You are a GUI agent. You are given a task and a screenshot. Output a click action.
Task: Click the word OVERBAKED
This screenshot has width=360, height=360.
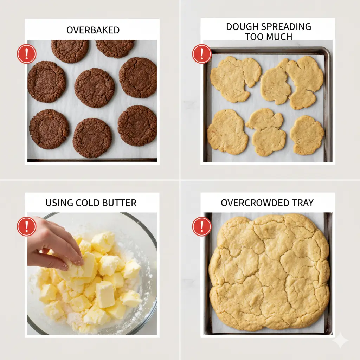click(93, 30)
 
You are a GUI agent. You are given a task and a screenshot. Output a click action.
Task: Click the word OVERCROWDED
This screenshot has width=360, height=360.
click(253, 203)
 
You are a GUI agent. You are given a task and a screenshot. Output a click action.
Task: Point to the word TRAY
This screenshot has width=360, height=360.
click(301, 203)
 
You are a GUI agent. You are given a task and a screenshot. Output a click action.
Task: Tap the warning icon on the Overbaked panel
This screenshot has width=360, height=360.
click(26, 54)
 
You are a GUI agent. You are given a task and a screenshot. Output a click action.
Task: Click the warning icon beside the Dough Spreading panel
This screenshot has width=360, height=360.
click(201, 54)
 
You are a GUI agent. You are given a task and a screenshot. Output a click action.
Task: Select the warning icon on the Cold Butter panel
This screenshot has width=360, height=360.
click(26, 226)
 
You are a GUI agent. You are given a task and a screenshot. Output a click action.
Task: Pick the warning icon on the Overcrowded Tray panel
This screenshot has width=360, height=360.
click(201, 226)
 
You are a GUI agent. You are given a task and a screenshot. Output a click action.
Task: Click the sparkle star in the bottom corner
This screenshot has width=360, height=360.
click(340, 340)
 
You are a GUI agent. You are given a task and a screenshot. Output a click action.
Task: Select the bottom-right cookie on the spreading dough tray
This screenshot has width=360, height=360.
click(307, 135)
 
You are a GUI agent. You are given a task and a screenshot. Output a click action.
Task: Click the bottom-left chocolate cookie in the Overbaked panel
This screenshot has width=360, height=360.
click(49, 129)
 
